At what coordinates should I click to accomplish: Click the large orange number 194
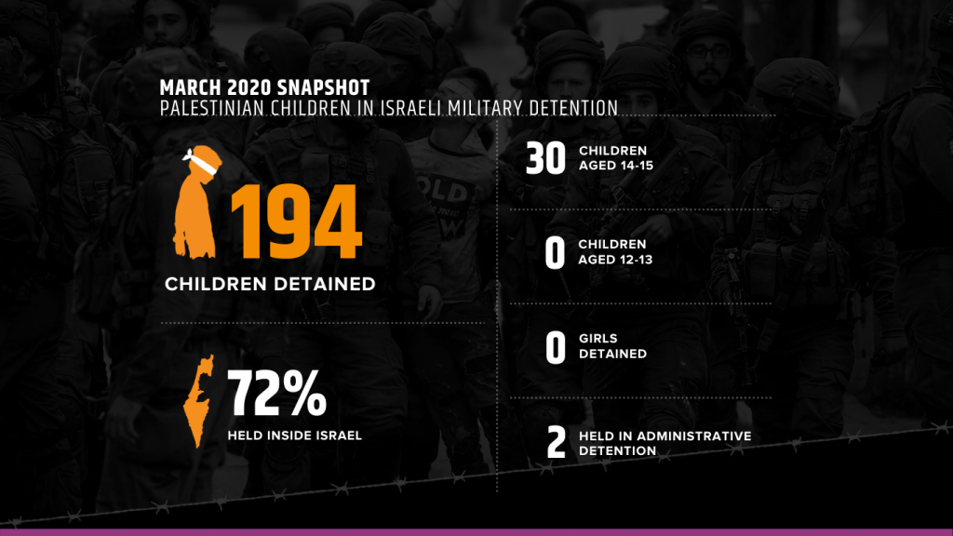297,221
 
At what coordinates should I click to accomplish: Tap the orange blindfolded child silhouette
196,203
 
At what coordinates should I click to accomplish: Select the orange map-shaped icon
199,401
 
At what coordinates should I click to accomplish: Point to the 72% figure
277,394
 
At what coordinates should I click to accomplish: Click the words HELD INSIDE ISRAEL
295,435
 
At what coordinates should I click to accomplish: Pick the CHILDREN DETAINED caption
270,284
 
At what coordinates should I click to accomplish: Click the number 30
545,158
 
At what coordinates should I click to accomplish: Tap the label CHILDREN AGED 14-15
616,158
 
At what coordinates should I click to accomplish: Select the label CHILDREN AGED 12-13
615,251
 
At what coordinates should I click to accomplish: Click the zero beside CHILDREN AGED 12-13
555,253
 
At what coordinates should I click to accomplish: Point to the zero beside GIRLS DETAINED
556,348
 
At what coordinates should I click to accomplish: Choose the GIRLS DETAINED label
612,346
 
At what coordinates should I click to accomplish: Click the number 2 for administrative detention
557,442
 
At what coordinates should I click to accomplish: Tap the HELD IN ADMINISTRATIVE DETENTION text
664,443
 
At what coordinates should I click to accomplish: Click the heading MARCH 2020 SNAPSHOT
264,87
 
